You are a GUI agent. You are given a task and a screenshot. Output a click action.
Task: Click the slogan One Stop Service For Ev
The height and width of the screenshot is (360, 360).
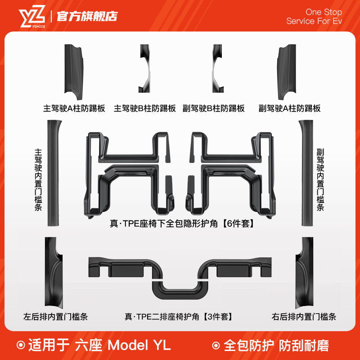click(x=314, y=16)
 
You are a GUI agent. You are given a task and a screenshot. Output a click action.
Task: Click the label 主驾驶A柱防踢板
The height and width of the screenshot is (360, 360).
click(x=74, y=108)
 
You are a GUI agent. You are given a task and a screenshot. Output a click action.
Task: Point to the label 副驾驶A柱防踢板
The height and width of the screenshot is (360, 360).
click(x=289, y=108)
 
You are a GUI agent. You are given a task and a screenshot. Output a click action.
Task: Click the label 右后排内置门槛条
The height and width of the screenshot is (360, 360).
click(x=304, y=317)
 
